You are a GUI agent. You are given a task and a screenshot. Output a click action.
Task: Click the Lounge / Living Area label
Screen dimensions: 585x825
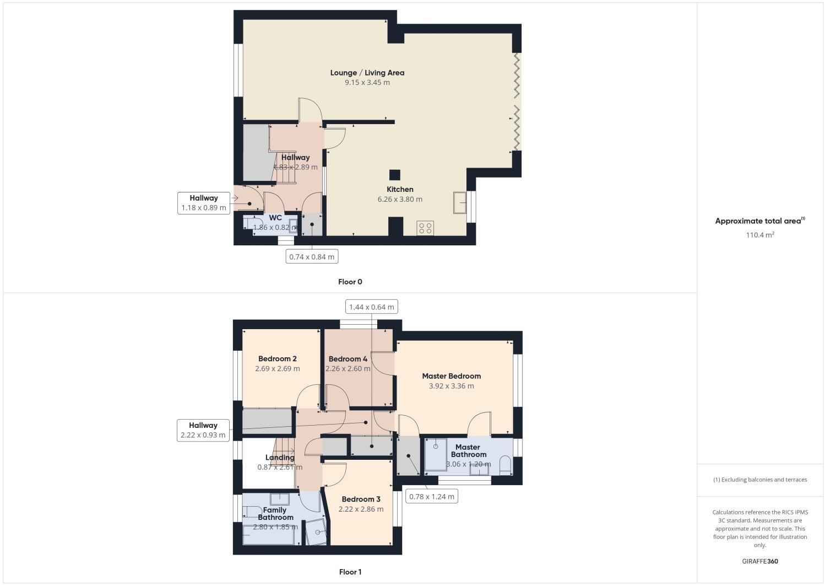pyautogui.click(x=367, y=73)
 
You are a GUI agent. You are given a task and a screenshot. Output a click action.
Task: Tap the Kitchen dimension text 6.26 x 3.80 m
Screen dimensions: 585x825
pyautogui.click(x=400, y=199)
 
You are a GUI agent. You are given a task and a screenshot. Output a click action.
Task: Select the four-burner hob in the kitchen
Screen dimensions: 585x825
pyautogui.click(x=425, y=228)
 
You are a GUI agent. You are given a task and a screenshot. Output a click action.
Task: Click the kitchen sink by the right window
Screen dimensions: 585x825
pyautogui.click(x=460, y=202)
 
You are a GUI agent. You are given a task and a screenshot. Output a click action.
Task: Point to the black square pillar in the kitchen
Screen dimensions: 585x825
pyautogui.click(x=395, y=175)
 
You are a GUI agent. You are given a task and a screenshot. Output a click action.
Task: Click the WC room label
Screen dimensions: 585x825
pyautogui.click(x=275, y=218)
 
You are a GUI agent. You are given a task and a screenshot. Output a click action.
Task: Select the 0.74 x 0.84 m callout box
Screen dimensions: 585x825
pyautogui.click(x=312, y=256)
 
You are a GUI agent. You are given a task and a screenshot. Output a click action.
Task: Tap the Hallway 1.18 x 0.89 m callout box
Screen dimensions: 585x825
pyautogui.click(x=204, y=203)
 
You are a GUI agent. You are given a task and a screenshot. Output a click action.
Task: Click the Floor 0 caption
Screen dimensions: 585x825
pyautogui.click(x=350, y=282)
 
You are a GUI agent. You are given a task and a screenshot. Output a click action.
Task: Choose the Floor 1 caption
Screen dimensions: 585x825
pyautogui.click(x=350, y=572)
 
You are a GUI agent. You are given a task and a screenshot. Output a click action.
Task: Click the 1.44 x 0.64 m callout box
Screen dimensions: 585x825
pyautogui.click(x=372, y=307)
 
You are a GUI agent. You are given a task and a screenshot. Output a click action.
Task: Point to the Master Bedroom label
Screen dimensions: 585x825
pyautogui.click(x=452, y=376)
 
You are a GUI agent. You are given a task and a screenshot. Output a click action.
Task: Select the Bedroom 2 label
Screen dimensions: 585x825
pyautogui.click(x=278, y=359)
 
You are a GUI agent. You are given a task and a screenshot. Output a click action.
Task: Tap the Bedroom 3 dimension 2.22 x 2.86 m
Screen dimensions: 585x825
pyautogui.click(x=361, y=509)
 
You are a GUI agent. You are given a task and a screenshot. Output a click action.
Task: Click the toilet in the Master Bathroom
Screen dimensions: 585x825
pyautogui.click(x=506, y=466)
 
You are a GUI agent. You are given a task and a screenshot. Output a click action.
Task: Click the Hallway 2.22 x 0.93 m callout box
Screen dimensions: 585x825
pyautogui.click(x=203, y=430)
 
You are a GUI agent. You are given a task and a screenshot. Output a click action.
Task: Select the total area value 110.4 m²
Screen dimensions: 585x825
pyautogui.click(x=760, y=235)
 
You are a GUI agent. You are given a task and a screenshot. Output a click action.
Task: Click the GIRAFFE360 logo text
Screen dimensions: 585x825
pyautogui.click(x=760, y=561)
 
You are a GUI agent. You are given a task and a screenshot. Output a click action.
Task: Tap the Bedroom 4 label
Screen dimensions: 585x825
pyautogui.click(x=348, y=359)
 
